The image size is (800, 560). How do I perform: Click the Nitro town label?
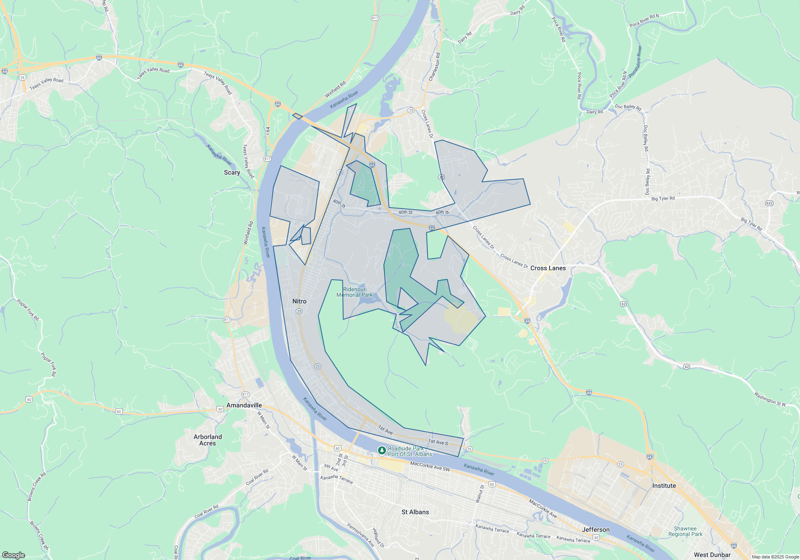299,302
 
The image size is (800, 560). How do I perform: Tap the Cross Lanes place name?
548,268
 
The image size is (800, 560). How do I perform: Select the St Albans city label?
415,512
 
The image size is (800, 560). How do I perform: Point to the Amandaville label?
244,405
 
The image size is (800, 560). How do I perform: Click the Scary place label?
232,172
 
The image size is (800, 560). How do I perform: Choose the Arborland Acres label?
208,440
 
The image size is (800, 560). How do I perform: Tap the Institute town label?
664,486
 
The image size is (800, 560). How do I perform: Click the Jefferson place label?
596,530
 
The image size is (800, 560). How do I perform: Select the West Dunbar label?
712,555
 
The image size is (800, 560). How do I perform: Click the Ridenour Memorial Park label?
354,292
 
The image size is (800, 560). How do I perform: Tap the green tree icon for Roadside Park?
382,451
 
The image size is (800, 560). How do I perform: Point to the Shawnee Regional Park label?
685,531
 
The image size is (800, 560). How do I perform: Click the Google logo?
14,555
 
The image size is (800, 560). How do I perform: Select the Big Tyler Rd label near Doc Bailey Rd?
663,198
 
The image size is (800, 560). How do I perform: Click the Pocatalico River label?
635,62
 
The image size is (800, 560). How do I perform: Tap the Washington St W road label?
770,399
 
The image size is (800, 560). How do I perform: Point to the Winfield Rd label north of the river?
335,90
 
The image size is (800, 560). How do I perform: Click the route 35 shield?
22,78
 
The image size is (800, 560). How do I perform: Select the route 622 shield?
769,203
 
